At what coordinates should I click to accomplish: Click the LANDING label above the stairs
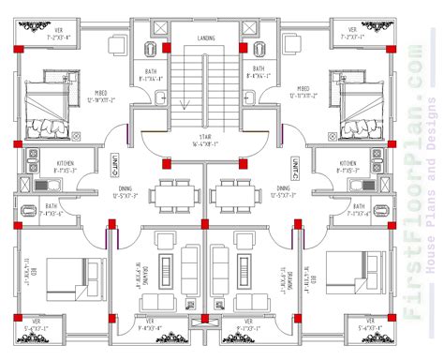tap(207, 37)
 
